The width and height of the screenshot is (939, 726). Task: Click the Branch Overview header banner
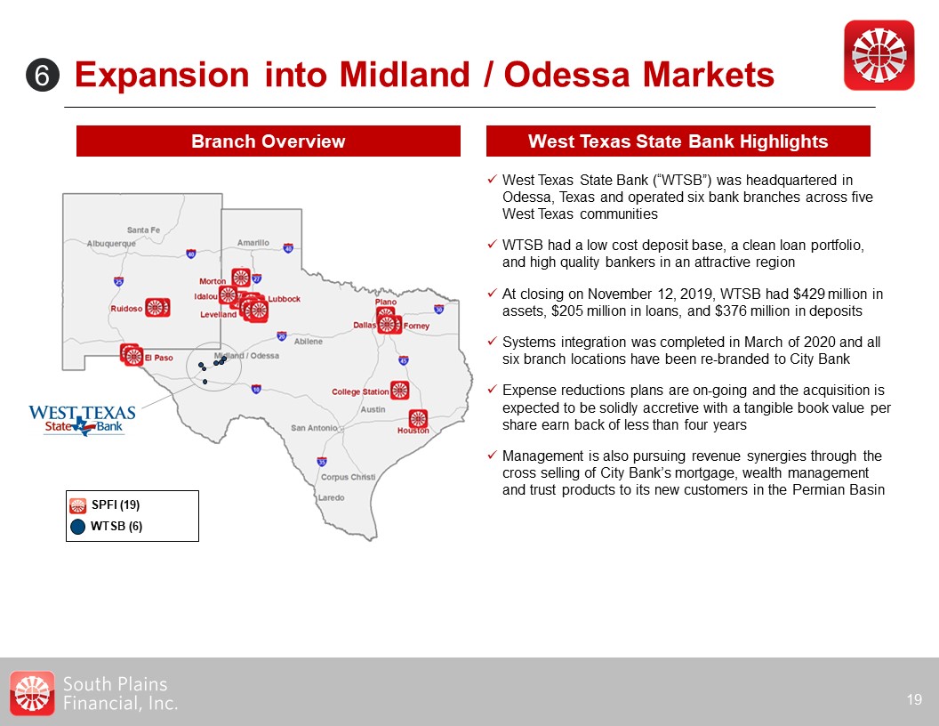269,141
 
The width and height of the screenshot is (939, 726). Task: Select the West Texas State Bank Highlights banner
678,141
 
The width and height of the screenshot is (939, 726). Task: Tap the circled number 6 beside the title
43,76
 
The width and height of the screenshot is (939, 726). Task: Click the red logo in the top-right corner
879,55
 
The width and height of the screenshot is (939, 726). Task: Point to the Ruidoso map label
126,309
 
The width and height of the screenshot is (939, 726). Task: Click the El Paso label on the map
158,358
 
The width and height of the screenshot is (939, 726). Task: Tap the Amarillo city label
253,243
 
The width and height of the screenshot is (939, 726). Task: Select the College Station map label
360,391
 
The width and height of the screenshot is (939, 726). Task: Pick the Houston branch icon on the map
418,419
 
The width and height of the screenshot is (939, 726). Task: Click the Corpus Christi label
348,478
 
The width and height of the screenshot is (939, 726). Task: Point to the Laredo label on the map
331,497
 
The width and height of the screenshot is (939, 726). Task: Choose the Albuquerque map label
111,244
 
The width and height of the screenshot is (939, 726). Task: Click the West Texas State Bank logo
82,420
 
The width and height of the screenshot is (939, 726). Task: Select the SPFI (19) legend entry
105,505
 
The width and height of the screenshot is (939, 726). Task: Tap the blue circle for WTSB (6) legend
78,527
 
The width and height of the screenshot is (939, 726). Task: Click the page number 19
914,699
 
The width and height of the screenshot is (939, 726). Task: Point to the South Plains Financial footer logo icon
32,693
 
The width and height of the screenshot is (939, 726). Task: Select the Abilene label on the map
309,342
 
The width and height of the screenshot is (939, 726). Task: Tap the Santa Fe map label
143,230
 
